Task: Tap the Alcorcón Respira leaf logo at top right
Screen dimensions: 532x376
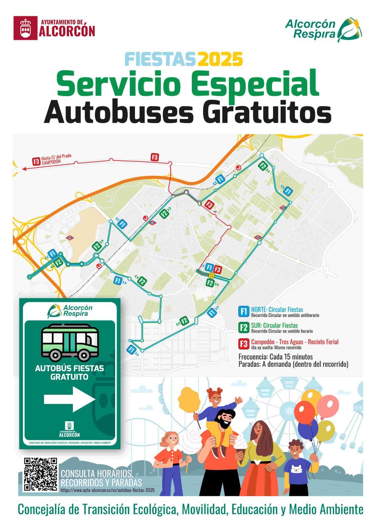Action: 350,30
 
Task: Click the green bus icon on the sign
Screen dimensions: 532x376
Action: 70,342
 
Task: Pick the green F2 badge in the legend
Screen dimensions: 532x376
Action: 244,328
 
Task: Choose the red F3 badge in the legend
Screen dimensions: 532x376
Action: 244,343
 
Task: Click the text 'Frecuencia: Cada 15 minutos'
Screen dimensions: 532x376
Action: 276,357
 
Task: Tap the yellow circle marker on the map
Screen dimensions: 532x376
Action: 211,276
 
